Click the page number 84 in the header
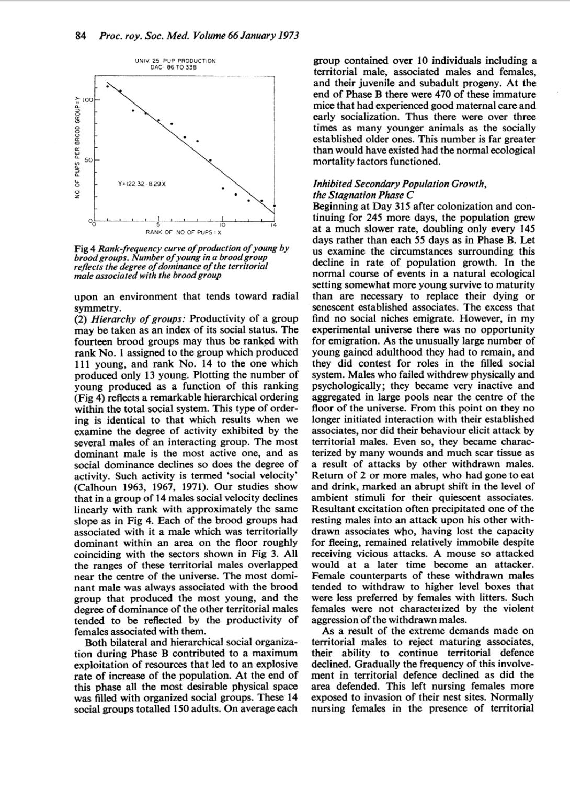[80, 36]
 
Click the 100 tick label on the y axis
[88, 99]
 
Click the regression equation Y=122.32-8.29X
[142, 184]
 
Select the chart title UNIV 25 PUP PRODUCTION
[175, 61]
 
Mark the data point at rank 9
[210, 161]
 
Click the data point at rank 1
[108, 84]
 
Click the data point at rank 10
[223, 188]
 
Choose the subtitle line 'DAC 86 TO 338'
[175, 68]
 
